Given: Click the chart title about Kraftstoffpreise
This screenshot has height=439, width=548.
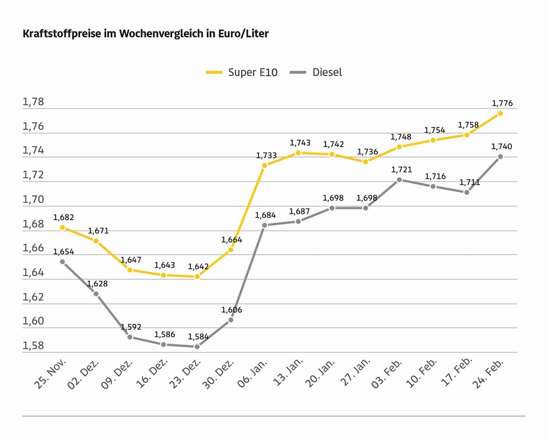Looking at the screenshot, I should [x=145, y=34].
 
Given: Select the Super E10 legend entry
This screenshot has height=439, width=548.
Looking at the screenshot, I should [x=242, y=73].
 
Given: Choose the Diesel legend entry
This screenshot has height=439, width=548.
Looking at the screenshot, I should [x=317, y=73].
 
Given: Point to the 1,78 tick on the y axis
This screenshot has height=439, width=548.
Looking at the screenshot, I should [x=33, y=102].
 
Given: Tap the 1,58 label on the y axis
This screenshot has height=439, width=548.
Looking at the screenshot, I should [x=33, y=346].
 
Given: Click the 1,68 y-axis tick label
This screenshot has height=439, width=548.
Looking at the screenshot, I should [x=33, y=224].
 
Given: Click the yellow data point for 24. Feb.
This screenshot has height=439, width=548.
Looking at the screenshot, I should [x=501, y=113].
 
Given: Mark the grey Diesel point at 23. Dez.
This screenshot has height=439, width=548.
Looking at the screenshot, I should [x=197, y=346].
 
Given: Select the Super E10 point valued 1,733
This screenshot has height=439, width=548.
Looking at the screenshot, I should [x=265, y=165].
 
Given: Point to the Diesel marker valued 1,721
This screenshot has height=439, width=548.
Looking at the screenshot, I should [x=399, y=179].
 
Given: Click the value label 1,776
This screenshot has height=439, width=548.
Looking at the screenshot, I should [x=502, y=103].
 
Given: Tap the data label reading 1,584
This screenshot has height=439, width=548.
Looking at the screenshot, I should [x=198, y=337].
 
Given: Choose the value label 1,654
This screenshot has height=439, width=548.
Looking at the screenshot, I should [x=63, y=252].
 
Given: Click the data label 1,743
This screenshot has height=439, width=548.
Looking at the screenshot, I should [x=300, y=143].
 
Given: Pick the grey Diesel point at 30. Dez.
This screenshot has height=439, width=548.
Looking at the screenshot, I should [x=231, y=320].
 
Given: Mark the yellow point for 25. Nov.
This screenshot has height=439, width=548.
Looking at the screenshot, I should [x=62, y=228].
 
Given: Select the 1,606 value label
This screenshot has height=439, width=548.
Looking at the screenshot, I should [x=232, y=310].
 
